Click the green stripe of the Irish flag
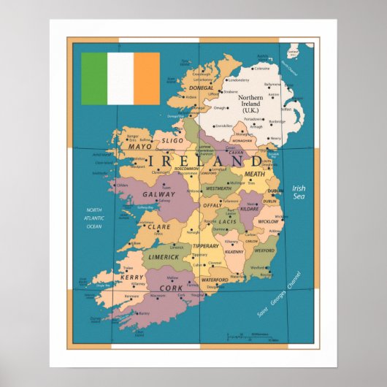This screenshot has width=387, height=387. pyautogui.click(x=94, y=78)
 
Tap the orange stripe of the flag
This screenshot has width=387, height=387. pyautogui.click(x=147, y=78)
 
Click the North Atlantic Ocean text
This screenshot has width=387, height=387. pyautogui.click(x=94, y=218)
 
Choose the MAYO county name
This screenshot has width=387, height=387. pyautogui.click(x=139, y=146)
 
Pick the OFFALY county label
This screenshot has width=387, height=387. pyautogui.click(x=212, y=206)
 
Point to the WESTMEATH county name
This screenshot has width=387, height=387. pyautogui.click(x=218, y=188)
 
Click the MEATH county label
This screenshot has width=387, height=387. pyautogui.click(x=255, y=174)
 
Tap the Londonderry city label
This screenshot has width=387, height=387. pyautogui.click(x=239, y=80)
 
